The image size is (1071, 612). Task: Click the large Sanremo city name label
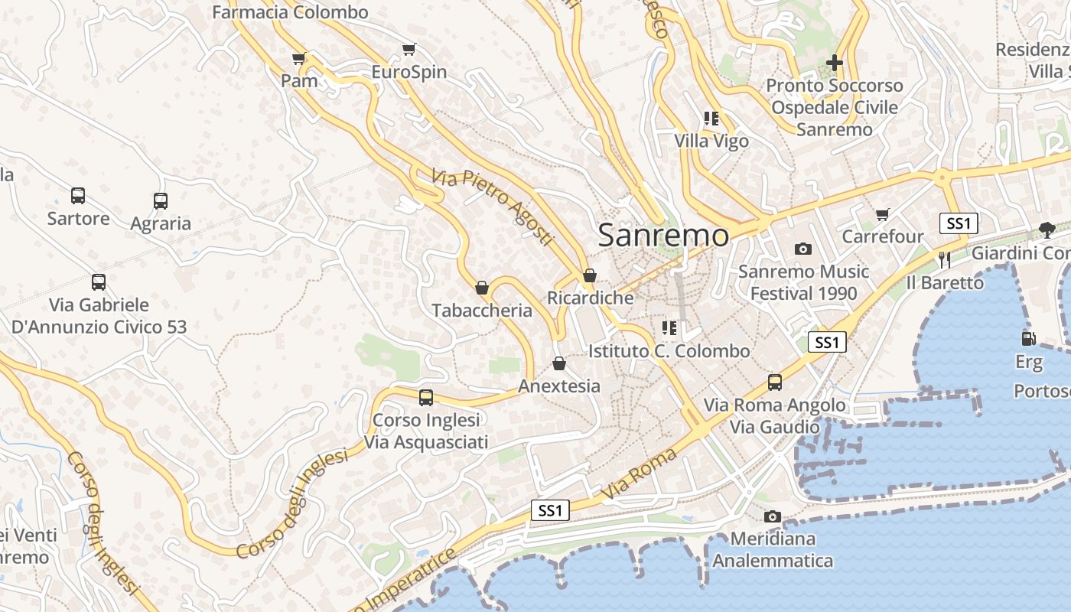[663, 235]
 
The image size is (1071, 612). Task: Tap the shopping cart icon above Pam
[299, 58]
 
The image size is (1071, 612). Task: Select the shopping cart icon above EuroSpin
[409, 50]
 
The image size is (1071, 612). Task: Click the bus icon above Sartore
[78, 196]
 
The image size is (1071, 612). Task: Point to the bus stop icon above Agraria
[160, 201]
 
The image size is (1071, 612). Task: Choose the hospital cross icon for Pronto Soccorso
[835, 63]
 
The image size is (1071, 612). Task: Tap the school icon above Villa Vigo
[711, 119]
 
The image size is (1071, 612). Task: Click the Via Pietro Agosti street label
[492, 207]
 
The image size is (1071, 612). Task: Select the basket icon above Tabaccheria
[482, 288]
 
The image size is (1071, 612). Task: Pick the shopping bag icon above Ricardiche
[590, 275]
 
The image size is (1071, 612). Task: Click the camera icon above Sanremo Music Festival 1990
[802, 249]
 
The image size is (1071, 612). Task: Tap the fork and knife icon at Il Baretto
[945, 260]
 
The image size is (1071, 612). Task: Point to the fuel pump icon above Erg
[1028, 338]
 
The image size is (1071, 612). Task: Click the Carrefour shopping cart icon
[883, 214]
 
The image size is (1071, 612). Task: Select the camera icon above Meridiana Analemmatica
[773, 516]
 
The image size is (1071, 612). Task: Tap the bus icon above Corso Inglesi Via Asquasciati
[425, 398]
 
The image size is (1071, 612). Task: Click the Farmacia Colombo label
[290, 12]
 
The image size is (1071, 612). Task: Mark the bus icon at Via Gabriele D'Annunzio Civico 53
[99, 282]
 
